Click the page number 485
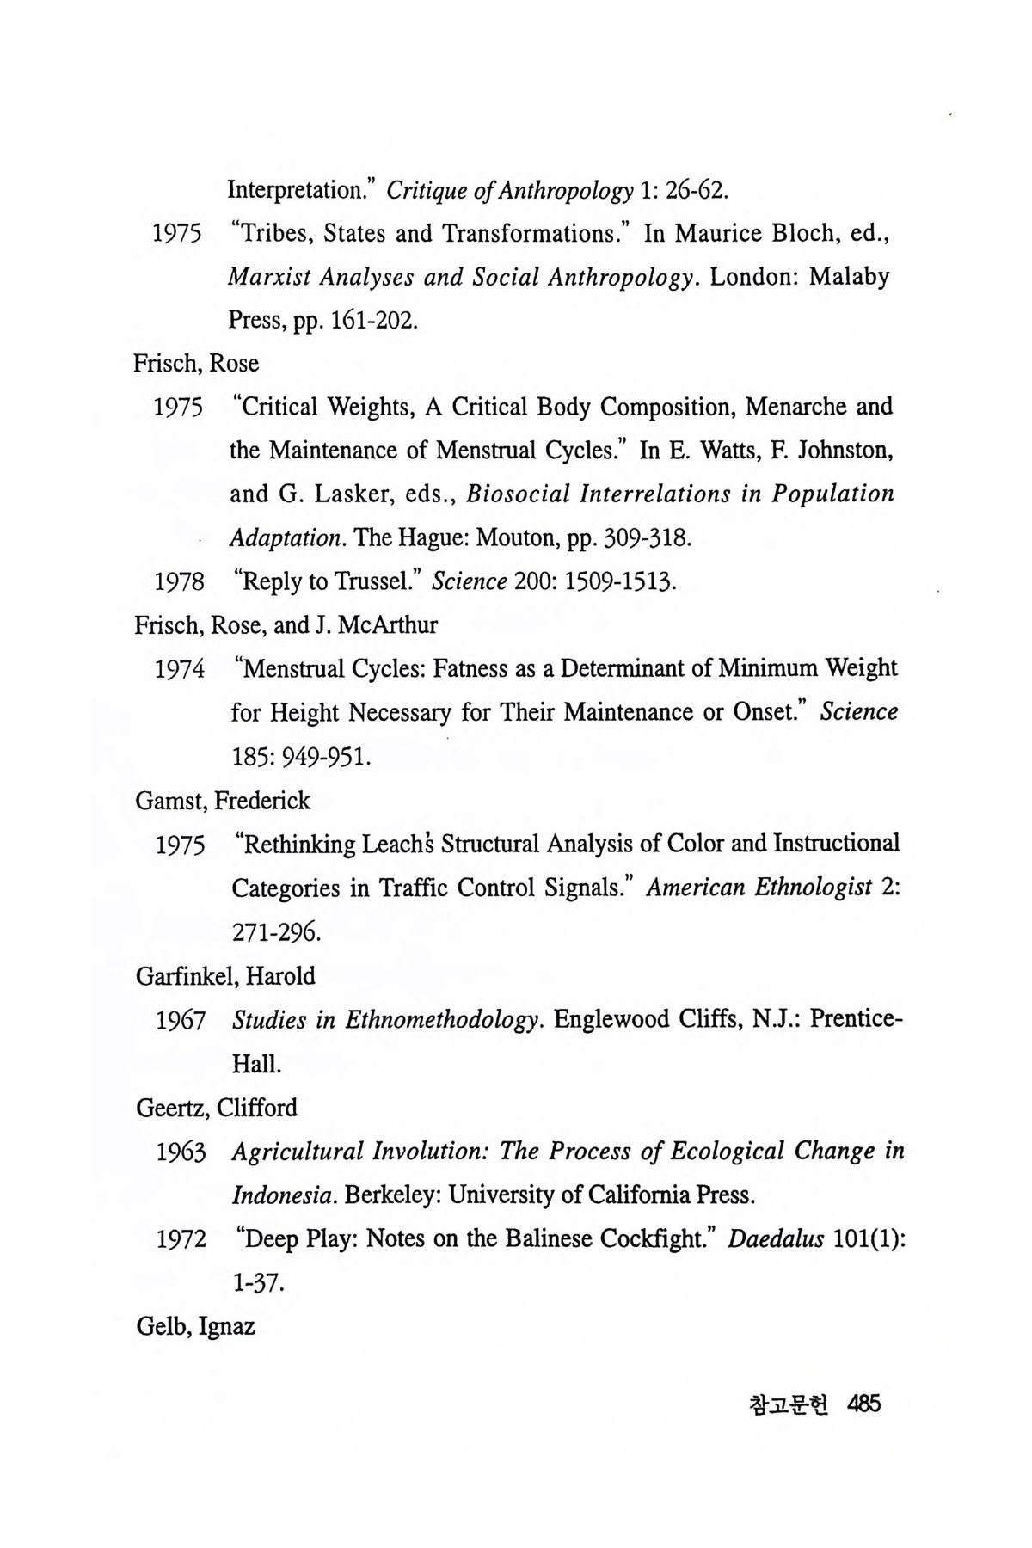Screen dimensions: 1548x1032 click(864, 1404)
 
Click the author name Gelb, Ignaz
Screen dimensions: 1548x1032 click(195, 1326)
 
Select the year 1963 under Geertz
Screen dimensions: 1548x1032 click(181, 1152)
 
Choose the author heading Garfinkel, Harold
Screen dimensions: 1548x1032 click(225, 976)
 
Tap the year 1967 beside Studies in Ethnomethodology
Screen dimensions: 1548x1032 click(181, 1021)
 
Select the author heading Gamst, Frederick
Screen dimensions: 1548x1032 click(223, 801)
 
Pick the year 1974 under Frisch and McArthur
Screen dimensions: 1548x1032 click(181, 669)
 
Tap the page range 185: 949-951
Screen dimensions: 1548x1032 click(301, 758)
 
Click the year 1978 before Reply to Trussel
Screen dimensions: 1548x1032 click(180, 582)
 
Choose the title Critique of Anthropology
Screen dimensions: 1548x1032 click(510, 189)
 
